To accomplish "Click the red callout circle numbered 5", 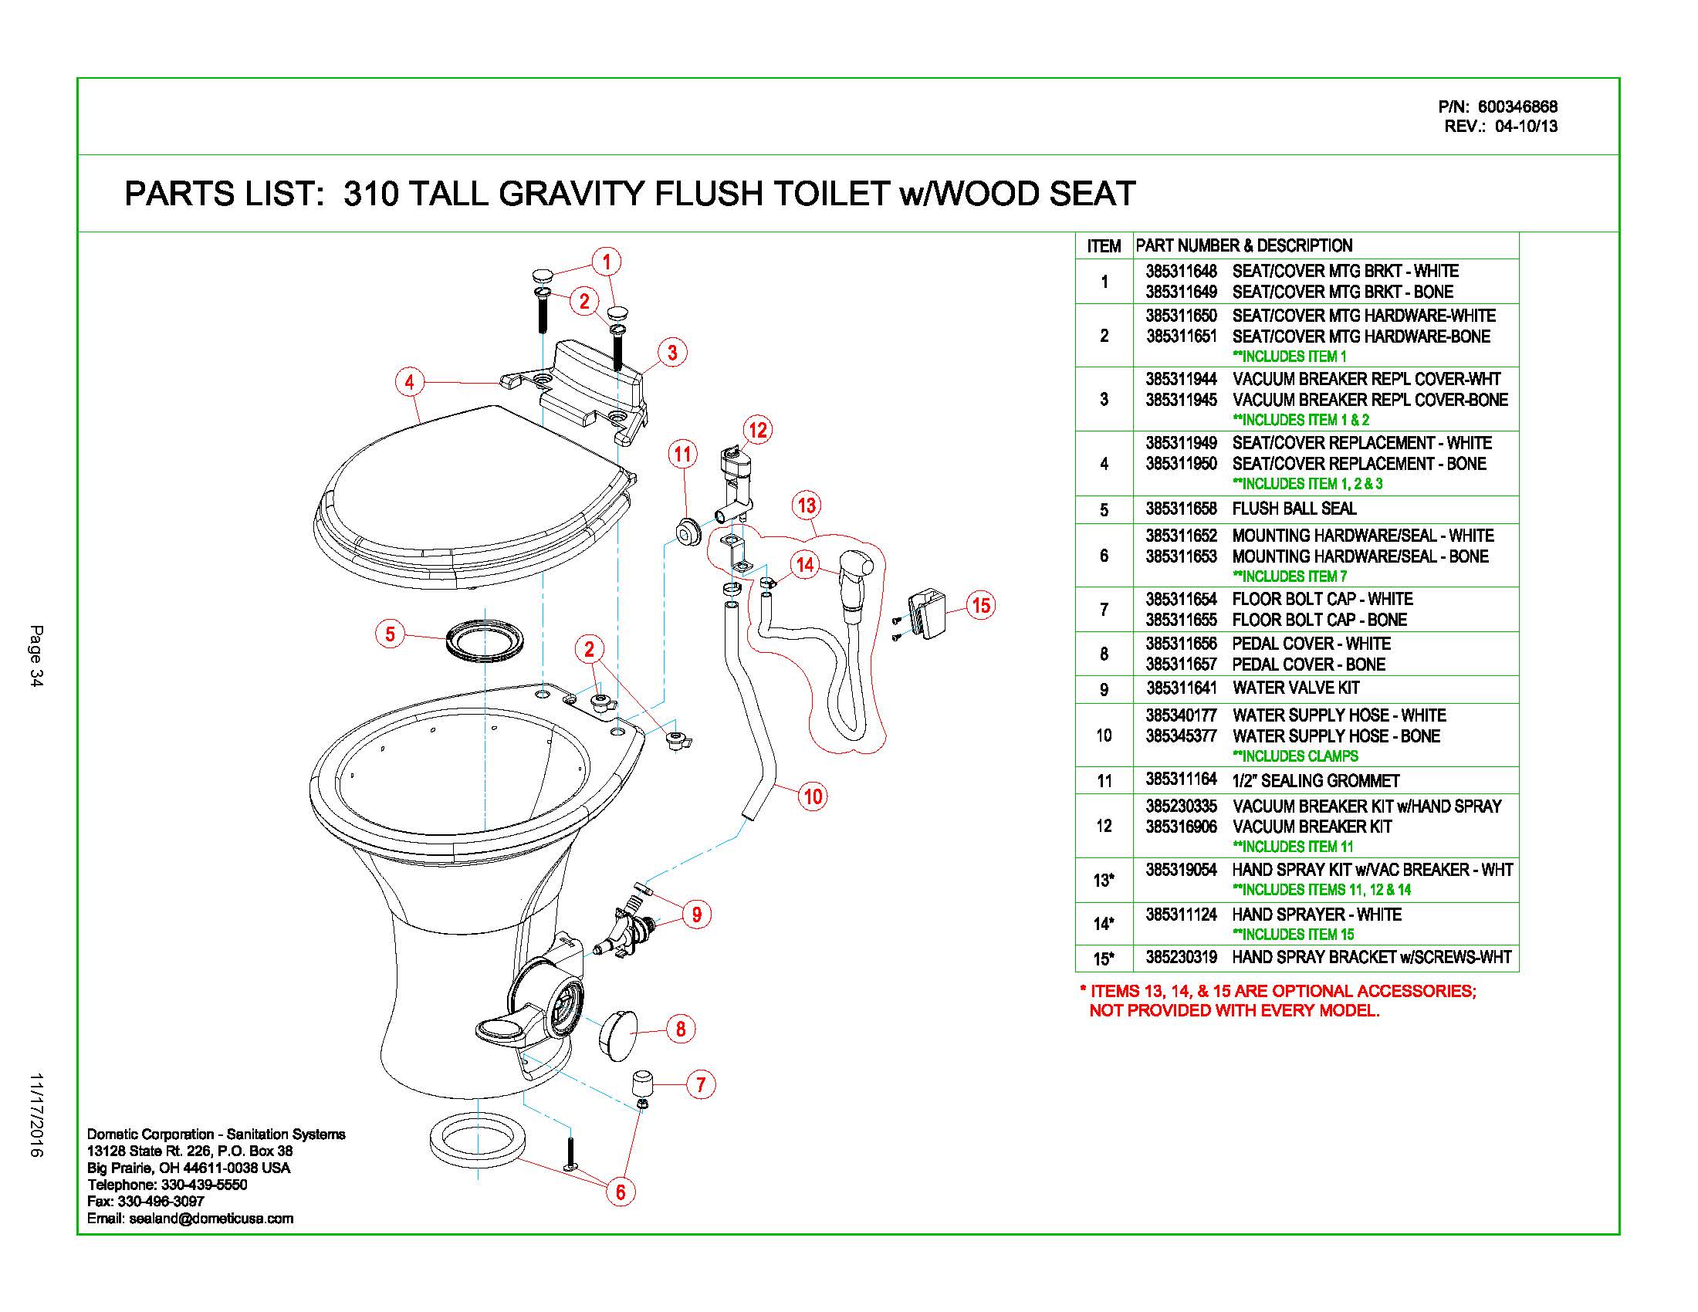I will point(391,634).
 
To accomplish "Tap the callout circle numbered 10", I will point(813,796).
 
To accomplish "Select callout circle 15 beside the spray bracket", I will point(981,605).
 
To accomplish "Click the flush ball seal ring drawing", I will point(483,641).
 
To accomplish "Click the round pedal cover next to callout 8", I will point(617,1032).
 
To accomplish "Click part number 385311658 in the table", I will point(1181,509).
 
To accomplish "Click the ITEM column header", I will point(1103,246).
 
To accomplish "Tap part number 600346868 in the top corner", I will point(1517,107).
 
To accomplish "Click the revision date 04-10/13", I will point(1525,127).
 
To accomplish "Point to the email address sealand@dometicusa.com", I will point(211,1219).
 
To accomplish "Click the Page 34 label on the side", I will point(36,654).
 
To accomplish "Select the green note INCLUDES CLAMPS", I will point(1295,756).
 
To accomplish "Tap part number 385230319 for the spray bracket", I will point(1181,957).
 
